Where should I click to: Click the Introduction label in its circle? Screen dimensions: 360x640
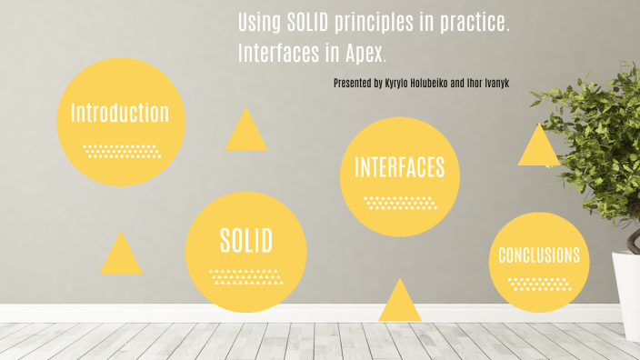[x=120, y=114]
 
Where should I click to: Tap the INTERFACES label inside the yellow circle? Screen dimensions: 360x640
[x=400, y=167]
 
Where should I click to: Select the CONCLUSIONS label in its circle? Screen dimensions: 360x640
[x=539, y=255]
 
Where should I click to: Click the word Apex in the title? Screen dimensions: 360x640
[x=367, y=54]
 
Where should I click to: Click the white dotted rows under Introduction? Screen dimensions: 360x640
[x=122, y=150]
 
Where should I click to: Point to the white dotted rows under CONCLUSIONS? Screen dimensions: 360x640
[x=539, y=283]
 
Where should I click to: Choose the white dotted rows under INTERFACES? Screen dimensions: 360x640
[x=400, y=202]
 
